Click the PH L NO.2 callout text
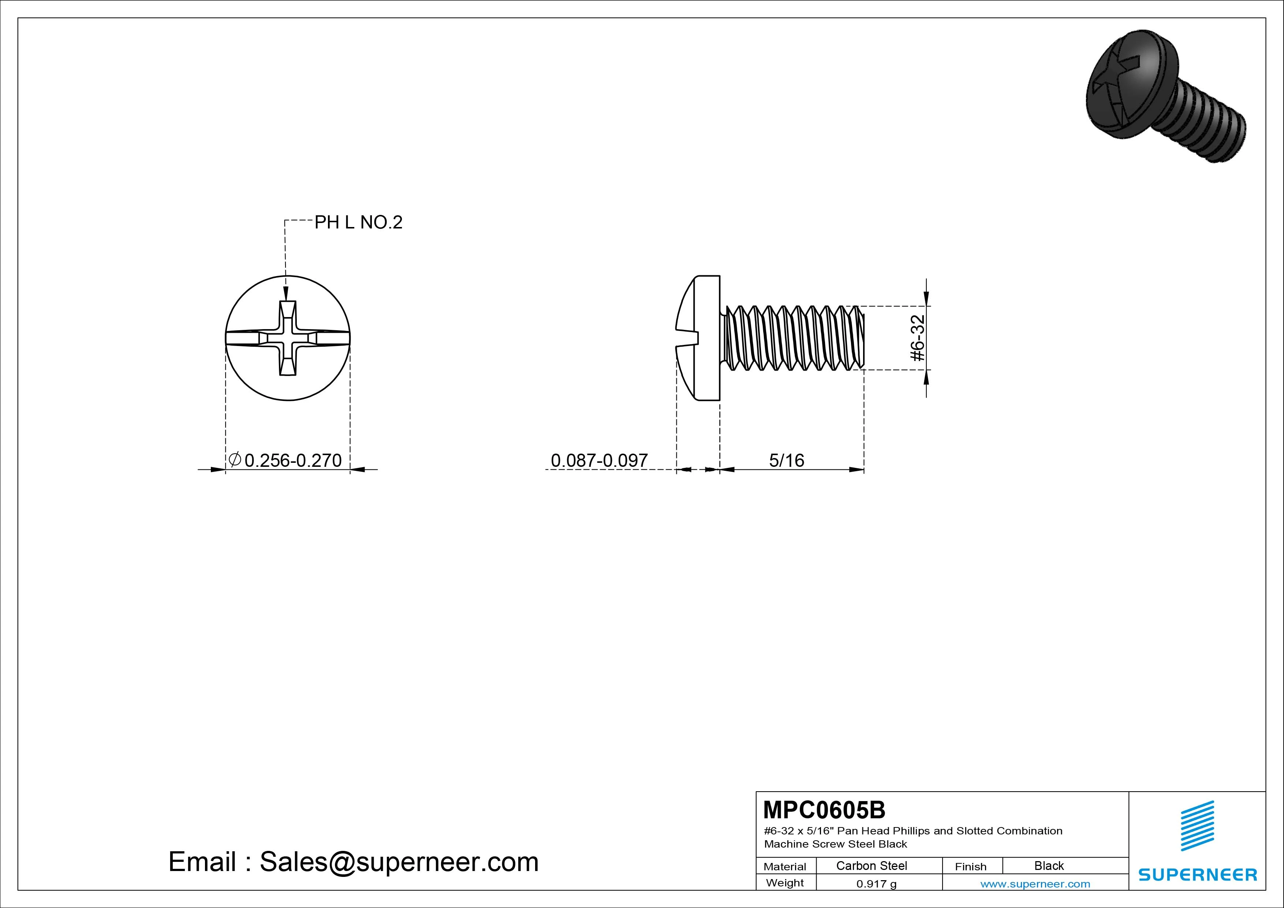pyautogui.click(x=358, y=223)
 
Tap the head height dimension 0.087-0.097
pyautogui.click(x=599, y=461)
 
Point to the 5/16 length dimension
pyautogui.click(x=786, y=461)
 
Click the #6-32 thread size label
pyautogui.click(x=918, y=338)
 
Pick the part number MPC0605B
pyautogui.click(x=824, y=810)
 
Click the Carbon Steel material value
pyautogui.click(x=871, y=866)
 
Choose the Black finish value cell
pyautogui.click(x=1049, y=866)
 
